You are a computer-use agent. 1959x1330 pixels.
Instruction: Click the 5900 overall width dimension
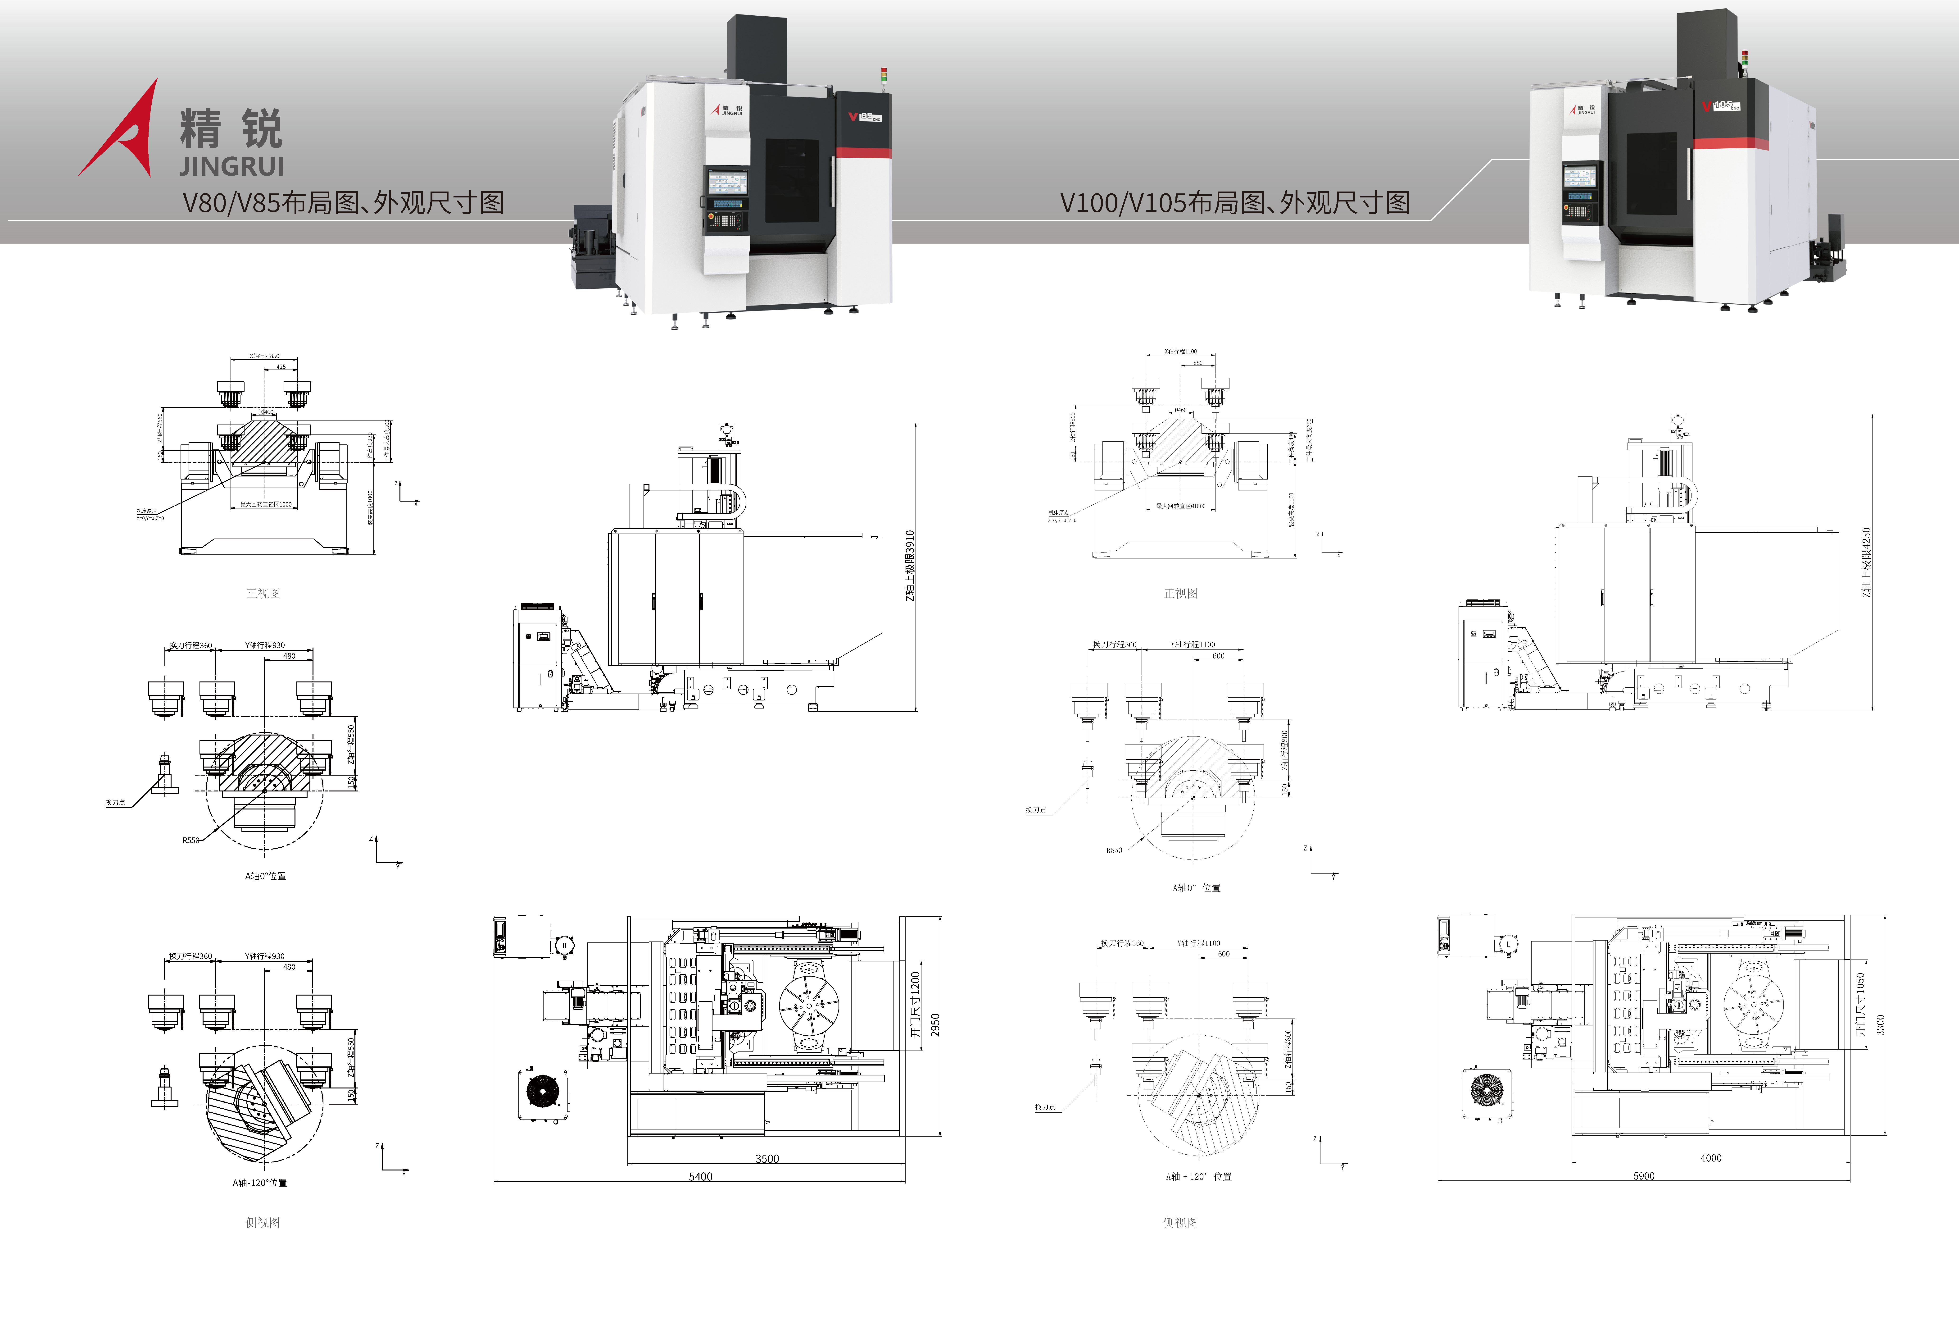point(1644,1176)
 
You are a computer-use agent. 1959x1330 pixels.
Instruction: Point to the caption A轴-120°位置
point(260,1182)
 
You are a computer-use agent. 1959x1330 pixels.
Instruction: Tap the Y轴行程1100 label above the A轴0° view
point(1193,644)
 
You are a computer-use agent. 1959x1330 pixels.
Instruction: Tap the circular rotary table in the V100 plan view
point(1754,1004)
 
